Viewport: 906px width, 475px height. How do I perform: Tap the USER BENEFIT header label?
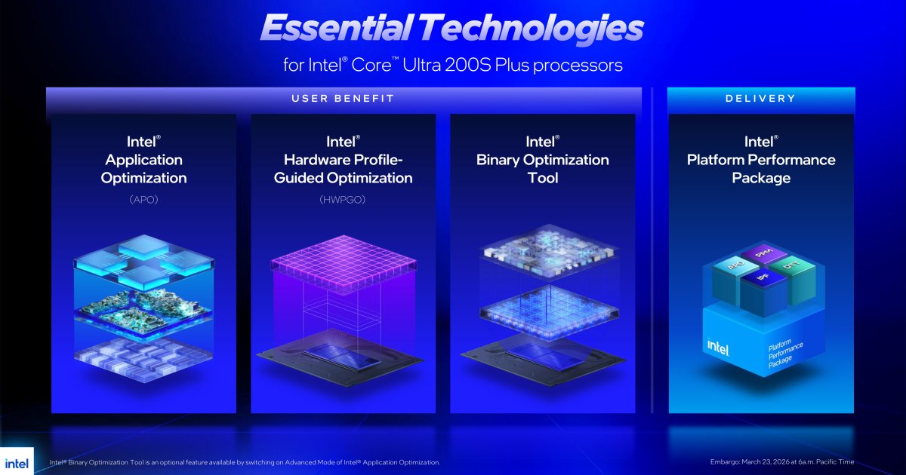point(344,99)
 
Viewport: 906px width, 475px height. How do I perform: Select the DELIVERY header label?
point(760,99)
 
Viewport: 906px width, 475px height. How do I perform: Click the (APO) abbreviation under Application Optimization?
point(143,201)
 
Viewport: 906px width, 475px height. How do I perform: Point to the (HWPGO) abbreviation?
point(343,201)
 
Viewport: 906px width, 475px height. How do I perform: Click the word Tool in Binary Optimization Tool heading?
point(543,178)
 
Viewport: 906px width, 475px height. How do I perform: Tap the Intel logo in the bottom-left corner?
point(17,462)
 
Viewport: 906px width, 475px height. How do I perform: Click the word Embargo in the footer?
point(726,462)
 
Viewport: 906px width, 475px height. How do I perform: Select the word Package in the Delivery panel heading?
point(761,178)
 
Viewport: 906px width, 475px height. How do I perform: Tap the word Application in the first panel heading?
point(143,160)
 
